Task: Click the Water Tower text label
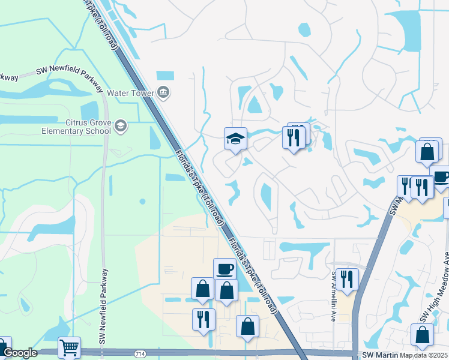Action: pyautogui.click(x=130, y=93)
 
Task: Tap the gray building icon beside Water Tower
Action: pyautogui.click(x=163, y=92)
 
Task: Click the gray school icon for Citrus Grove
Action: pyautogui.click(x=121, y=125)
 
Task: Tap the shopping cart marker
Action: pyautogui.click(x=69, y=347)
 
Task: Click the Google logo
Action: pyautogui.click(x=20, y=353)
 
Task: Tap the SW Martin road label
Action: pyautogui.click(x=381, y=355)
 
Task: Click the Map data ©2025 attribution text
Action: pyautogui.click(x=424, y=355)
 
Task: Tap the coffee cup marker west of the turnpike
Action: pyautogui.click(x=224, y=269)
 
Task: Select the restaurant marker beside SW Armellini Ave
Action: pyautogui.click(x=347, y=279)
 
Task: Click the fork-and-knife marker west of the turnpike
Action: pyautogui.click(x=203, y=319)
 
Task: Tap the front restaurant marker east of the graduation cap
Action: pyautogui.click(x=294, y=138)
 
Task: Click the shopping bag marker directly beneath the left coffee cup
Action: pyautogui.click(x=226, y=291)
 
